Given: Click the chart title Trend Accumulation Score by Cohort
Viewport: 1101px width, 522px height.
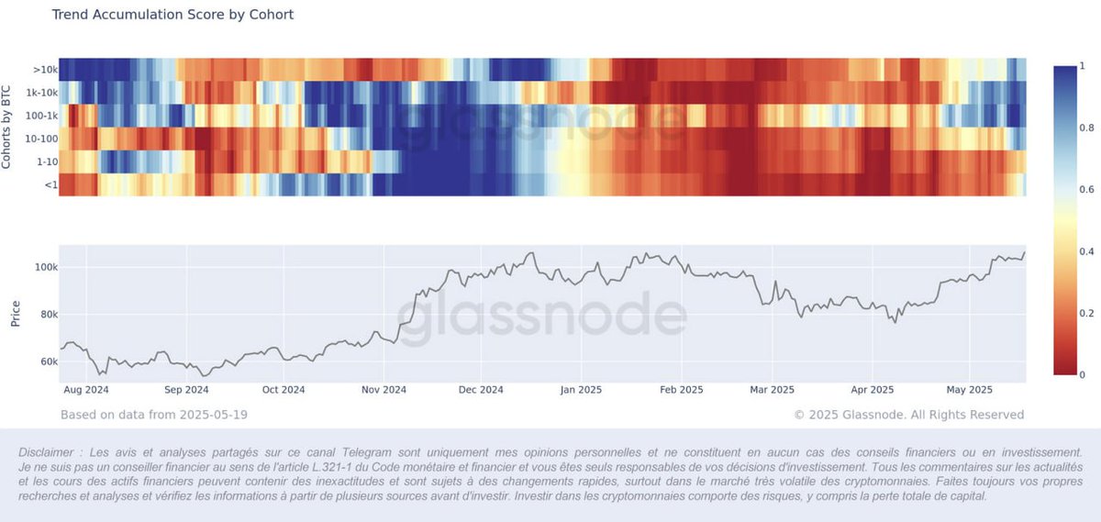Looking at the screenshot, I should click(x=172, y=15).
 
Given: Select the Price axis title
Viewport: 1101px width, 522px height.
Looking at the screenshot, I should click(x=15, y=313).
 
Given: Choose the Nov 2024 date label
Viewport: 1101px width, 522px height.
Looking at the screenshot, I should click(x=381, y=389).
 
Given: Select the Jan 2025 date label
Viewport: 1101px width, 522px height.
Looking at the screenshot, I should click(x=580, y=389).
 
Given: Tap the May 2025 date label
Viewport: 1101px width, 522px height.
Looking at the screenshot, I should click(x=969, y=389).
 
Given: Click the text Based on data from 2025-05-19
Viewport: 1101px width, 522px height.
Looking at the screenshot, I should click(x=153, y=415).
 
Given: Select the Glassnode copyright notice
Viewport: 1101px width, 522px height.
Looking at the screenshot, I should click(x=908, y=415).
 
